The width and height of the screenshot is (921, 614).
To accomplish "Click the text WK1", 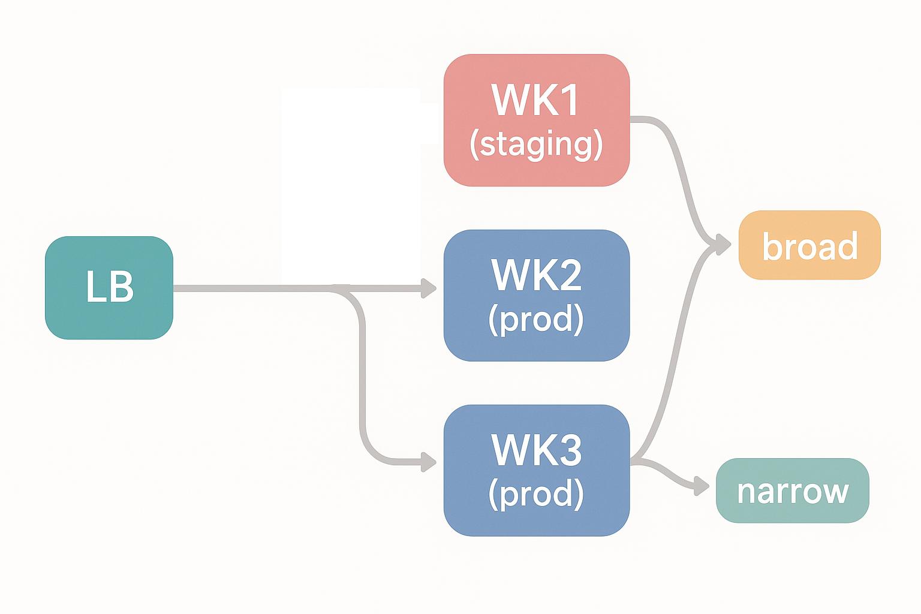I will (536, 100).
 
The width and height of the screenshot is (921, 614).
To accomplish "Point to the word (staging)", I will (536, 145).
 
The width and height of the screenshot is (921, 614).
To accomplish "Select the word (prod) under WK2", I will (536, 320).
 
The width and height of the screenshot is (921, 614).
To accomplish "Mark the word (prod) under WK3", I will (536, 494).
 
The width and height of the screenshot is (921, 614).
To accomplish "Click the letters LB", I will (109, 287).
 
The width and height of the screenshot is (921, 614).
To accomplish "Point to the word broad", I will (809, 246).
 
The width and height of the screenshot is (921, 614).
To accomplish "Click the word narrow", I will (792, 491).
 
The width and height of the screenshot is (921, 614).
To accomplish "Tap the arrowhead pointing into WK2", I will (429, 288).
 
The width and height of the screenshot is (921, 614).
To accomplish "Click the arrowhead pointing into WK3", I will (429, 462).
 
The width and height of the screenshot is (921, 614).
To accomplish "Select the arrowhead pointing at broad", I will (723, 244).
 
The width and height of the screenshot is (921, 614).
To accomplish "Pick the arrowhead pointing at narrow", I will (702, 485).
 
